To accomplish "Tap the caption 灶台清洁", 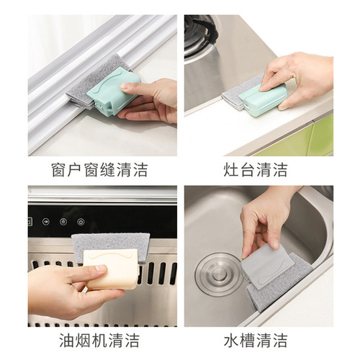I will (x=256, y=171).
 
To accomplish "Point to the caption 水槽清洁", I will (x=256, y=339).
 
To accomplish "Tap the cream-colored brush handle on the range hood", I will (x=112, y=269).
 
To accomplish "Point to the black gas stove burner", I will (x=198, y=32).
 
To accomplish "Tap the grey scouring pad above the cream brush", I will (x=108, y=243).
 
